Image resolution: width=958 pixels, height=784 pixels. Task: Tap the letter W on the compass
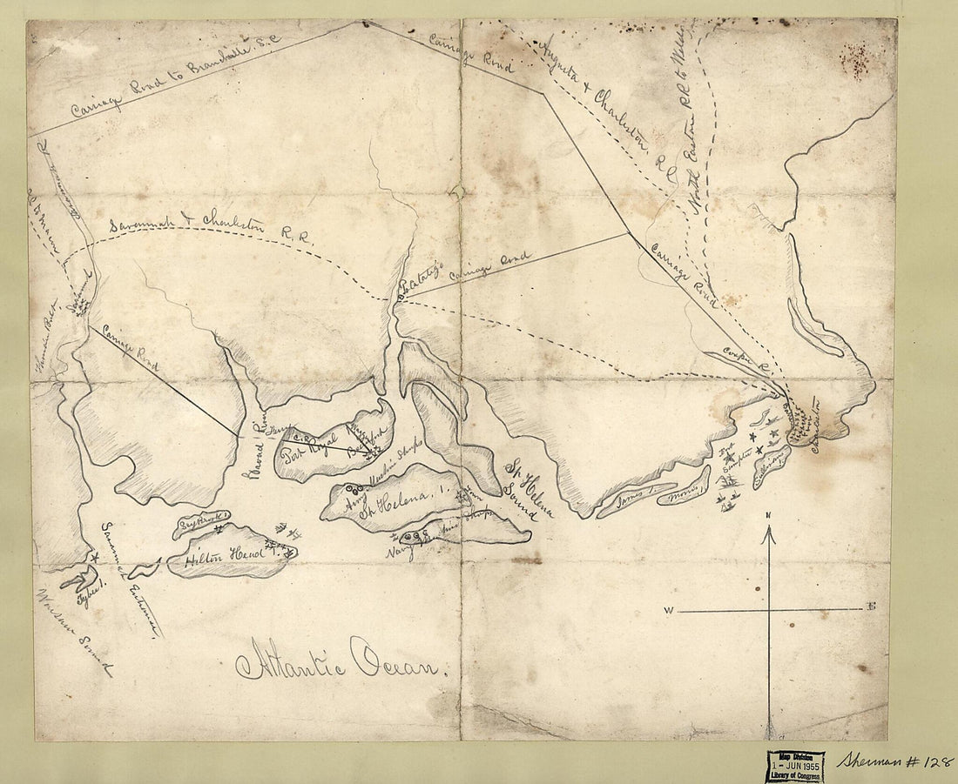(x=668, y=612)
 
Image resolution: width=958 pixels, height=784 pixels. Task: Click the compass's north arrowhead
(x=767, y=536)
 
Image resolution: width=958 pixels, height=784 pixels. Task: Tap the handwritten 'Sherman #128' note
(x=894, y=760)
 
